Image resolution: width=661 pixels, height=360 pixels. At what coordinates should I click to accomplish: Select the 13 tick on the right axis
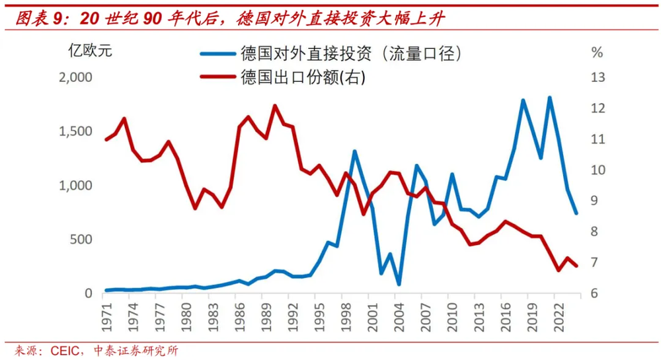(x=598, y=78)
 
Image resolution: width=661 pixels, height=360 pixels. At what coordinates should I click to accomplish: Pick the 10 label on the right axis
(x=598, y=170)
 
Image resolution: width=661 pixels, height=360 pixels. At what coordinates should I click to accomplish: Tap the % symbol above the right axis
(x=597, y=52)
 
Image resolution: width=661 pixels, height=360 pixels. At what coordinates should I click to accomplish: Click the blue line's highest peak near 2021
(x=549, y=98)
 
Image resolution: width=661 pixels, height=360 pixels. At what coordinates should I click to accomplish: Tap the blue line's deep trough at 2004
(x=399, y=284)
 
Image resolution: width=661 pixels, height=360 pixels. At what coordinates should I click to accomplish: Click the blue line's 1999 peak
(x=355, y=152)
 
